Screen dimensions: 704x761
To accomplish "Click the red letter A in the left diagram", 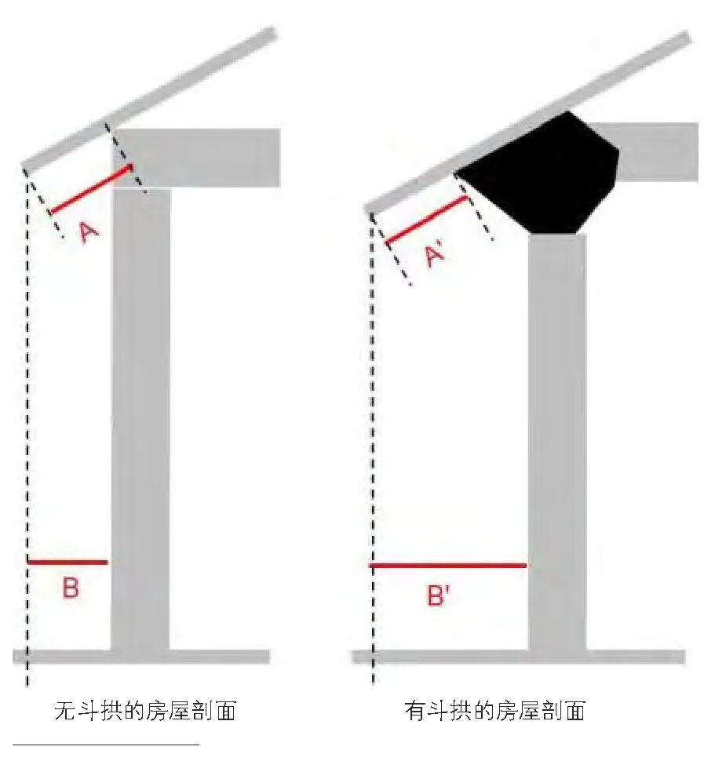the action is (90, 231).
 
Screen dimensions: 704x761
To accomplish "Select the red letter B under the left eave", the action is (70, 588).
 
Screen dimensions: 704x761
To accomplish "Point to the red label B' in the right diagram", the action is (438, 596).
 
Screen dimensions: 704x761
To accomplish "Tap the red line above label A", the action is (91, 189).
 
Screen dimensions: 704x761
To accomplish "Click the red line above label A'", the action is (426, 219).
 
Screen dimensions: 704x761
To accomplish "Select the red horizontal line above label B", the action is (67, 562).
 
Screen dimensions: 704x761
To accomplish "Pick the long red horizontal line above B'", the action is (447, 565).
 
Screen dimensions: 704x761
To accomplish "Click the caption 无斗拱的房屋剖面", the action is (144, 712).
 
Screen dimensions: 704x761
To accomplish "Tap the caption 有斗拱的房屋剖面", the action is (495, 712).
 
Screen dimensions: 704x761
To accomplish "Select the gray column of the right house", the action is (556, 439).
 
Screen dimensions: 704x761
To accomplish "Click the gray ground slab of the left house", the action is (141, 657).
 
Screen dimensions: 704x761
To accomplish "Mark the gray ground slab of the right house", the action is (518, 657).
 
